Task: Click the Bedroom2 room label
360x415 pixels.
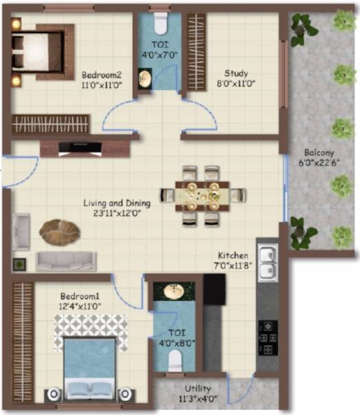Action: [102, 75]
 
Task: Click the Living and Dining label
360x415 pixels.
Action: [116, 203]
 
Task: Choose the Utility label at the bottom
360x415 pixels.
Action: [198, 389]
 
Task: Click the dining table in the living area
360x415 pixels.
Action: [205, 195]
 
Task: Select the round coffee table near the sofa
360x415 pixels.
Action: [59, 231]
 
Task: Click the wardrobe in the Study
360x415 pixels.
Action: [196, 51]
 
